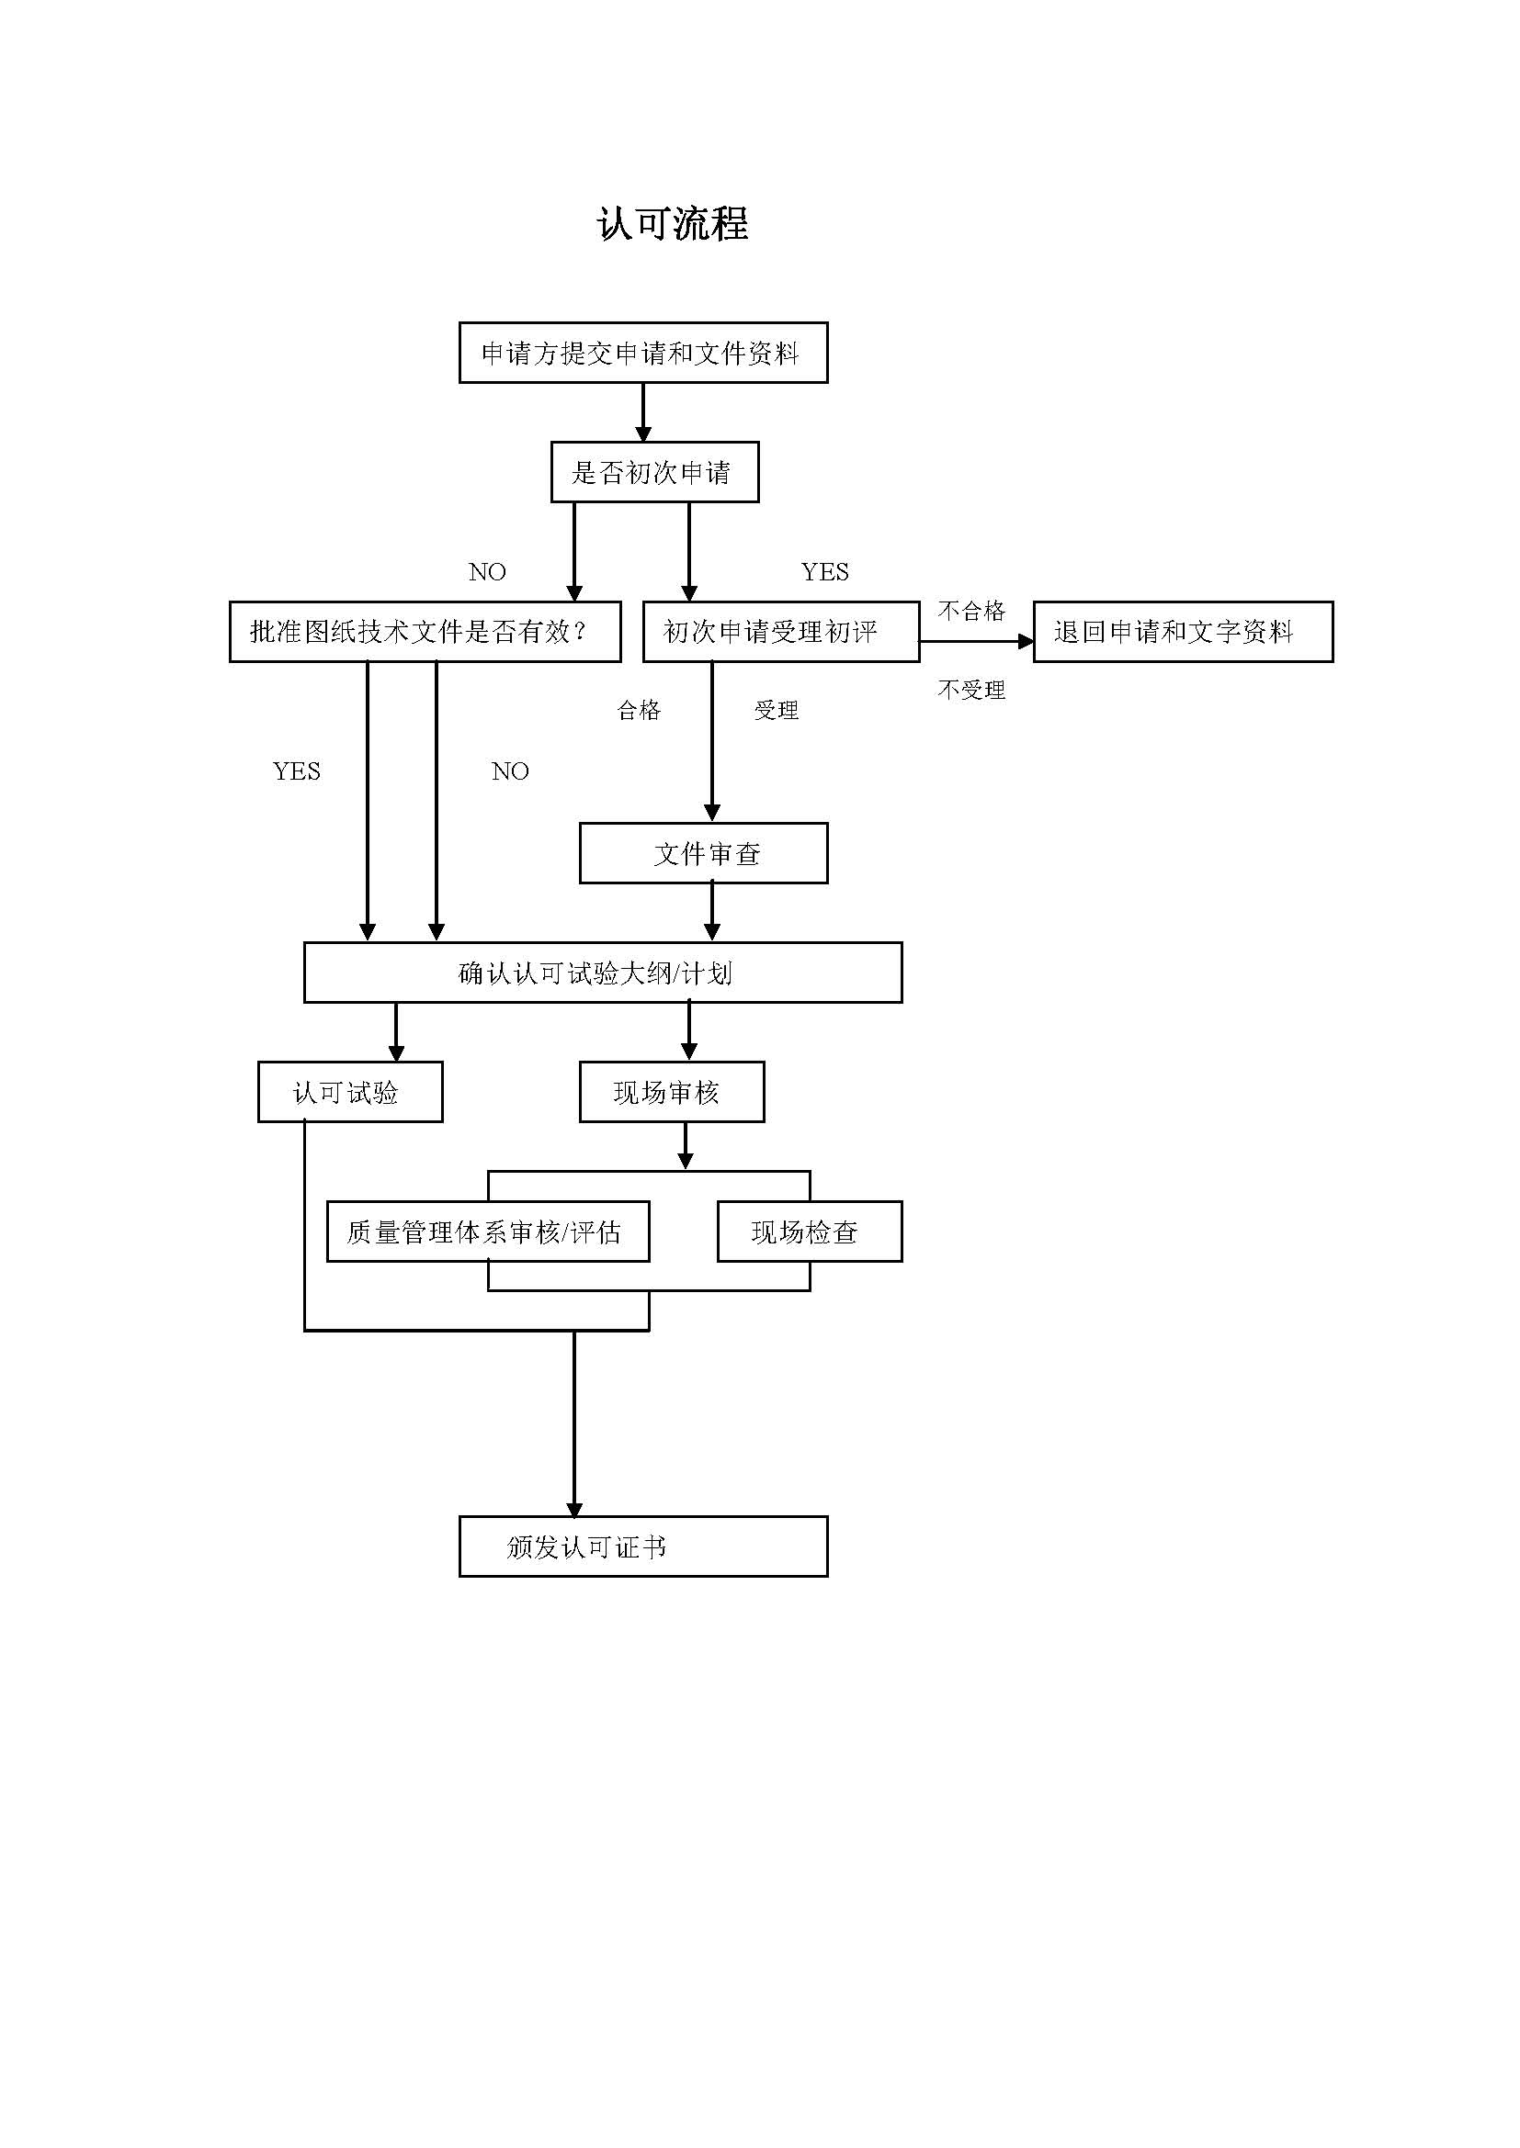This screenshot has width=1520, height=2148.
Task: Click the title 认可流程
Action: coord(672,224)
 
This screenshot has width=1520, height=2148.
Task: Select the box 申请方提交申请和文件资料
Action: coord(643,353)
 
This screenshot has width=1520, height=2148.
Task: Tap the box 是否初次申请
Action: coord(654,472)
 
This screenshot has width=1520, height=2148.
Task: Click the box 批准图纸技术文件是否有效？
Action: coord(425,632)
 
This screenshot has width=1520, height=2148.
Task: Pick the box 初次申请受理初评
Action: coord(780,632)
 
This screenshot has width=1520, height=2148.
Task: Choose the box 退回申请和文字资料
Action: coord(1182,632)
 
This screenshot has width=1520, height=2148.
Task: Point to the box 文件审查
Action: coord(703,853)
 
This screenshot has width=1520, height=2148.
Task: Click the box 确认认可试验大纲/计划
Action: coord(603,973)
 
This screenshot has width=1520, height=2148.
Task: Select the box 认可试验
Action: coord(350,1092)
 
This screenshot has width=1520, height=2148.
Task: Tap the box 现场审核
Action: coord(671,1092)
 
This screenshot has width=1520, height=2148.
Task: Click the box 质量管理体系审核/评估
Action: coord(488,1232)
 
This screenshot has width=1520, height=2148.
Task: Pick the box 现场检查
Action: coord(809,1232)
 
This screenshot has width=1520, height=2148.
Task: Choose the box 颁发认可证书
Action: coord(643,1546)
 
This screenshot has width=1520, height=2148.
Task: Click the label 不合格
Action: coord(970,611)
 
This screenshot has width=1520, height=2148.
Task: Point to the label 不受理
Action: coord(970,691)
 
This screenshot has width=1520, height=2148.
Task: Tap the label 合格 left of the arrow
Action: coord(640,710)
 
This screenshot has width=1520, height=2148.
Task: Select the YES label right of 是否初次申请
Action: coord(824,571)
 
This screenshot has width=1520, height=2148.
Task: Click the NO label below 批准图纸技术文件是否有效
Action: coord(510,770)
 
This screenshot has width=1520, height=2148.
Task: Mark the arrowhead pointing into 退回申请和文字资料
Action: coord(1026,642)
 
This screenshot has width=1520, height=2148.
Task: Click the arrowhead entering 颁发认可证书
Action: coord(574,1510)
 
